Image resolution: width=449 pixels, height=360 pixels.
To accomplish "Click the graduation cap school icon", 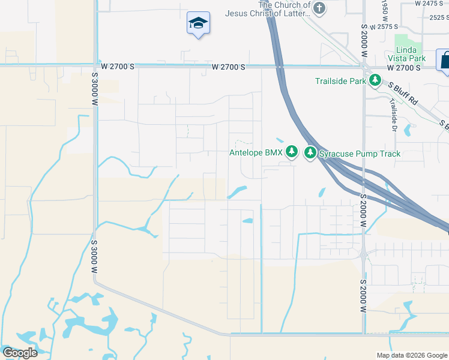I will [x=197, y=23].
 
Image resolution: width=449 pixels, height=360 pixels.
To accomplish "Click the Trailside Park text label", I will [x=341, y=80].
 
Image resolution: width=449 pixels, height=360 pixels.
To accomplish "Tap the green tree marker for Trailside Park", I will [x=375, y=80].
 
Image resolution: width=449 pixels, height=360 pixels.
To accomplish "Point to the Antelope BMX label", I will [x=256, y=153].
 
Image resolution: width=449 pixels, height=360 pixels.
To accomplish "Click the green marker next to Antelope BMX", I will [x=292, y=152].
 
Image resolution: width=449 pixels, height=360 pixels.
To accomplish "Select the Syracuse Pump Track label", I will [x=360, y=154].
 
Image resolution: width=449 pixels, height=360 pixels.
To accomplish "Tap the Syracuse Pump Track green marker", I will [x=310, y=153].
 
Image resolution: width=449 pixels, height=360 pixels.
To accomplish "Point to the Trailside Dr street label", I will [x=393, y=111].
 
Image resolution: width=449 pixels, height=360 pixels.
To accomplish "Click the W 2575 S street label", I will [x=384, y=27].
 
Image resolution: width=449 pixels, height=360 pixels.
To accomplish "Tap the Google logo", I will [x=20, y=352].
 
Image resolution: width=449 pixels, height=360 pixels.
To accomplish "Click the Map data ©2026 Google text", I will [x=411, y=355].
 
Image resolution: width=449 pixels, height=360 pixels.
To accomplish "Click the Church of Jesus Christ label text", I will [x=267, y=9].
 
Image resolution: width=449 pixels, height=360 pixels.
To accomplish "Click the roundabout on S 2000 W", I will [x=364, y=254].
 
